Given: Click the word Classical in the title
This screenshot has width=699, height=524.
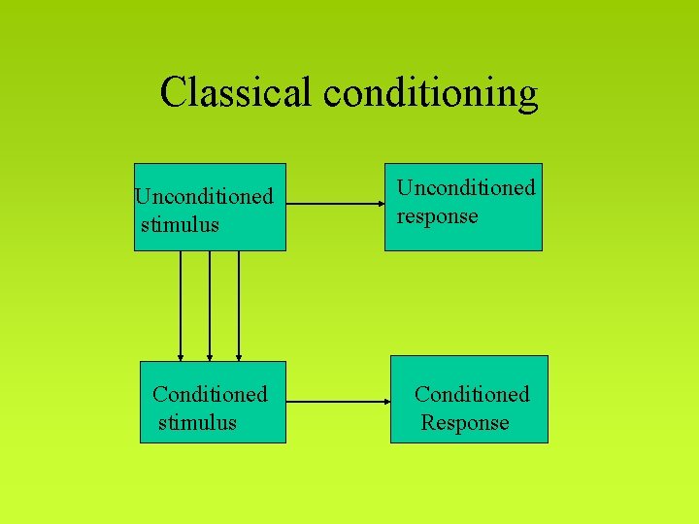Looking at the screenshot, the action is [237, 92].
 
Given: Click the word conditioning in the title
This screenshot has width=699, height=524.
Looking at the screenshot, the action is [431, 94].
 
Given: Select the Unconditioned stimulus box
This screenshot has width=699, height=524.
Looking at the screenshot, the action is [210, 208].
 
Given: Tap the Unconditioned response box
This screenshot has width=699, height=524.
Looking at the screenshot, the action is [463, 207].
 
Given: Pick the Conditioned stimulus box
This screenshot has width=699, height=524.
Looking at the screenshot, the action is [213, 401].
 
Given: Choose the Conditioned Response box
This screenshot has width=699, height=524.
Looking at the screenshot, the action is [469, 400].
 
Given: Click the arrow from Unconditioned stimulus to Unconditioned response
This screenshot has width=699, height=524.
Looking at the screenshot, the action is [335, 205].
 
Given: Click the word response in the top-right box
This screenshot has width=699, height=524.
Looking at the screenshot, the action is [437, 216].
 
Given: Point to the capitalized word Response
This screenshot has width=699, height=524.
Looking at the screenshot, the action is [465, 423].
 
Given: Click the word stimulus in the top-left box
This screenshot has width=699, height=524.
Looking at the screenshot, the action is [181, 225].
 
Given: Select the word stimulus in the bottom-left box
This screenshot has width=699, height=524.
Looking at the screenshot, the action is [197, 423].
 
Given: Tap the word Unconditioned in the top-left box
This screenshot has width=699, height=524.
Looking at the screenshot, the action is [204, 197].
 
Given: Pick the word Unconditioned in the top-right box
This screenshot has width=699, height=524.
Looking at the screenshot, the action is [465, 187].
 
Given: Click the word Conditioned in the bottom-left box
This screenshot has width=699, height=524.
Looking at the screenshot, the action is [210, 395].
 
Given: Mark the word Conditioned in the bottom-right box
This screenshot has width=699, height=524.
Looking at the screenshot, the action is [472, 395].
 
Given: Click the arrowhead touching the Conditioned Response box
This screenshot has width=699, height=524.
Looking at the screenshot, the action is [384, 400].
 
